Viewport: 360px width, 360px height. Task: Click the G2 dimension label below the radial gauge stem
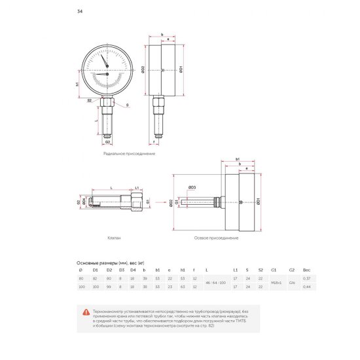108,141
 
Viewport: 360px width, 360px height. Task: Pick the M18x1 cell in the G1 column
275,282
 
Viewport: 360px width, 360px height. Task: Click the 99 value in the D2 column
109,286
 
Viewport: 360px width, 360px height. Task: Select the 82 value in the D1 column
95,278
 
